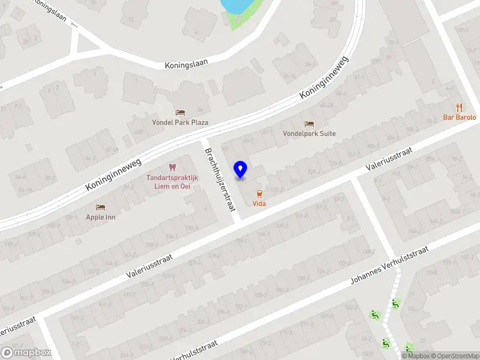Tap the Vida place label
click(x=259, y=204)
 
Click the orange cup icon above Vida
click(x=259, y=194)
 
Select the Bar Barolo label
click(x=460, y=118)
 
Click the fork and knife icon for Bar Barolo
click(x=460, y=107)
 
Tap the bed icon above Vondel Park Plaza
click(x=180, y=112)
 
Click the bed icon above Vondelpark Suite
click(x=309, y=124)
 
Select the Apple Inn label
click(x=100, y=217)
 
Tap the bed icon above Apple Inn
click(x=100, y=206)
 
